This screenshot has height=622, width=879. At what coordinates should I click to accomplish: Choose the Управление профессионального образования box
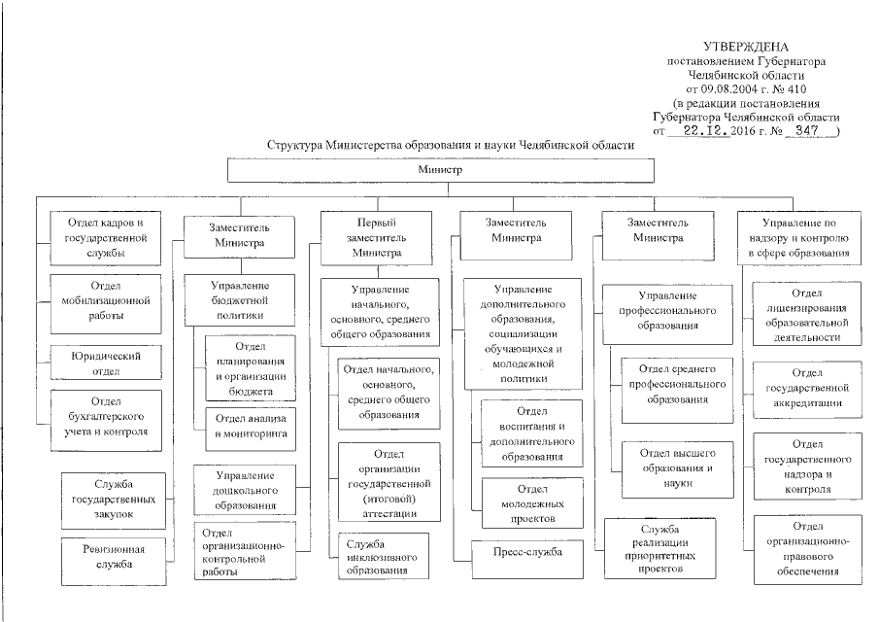(665, 310)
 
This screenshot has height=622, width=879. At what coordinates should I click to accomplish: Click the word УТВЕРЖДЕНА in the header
(746, 48)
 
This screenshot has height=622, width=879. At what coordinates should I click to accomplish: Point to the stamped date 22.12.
(711, 129)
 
